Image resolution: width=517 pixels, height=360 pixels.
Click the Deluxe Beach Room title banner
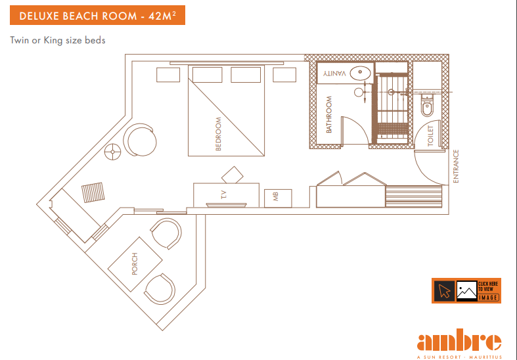[x=97, y=15]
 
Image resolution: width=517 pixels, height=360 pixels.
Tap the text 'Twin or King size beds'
[x=58, y=40]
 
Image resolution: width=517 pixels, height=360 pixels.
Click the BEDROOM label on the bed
[x=219, y=134]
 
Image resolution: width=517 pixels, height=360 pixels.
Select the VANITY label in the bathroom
[x=335, y=73]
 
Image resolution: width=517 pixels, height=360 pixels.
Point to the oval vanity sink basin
[x=360, y=73]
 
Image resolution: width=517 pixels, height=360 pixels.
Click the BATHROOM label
[x=329, y=114]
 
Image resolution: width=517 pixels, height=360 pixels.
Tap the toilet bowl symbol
[x=427, y=103]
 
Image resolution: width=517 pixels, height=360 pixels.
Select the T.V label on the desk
[x=223, y=194]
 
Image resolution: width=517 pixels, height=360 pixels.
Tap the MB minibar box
[x=276, y=198]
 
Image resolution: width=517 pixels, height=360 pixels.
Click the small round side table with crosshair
[x=112, y=152]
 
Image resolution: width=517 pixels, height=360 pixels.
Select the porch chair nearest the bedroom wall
[x=166, y=233]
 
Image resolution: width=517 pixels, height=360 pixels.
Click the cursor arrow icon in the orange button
[x=443, y=290]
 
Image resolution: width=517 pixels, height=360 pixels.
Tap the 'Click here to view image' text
[x=489, y=290]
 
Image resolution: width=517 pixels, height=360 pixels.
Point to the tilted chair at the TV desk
[x=233, y=175]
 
